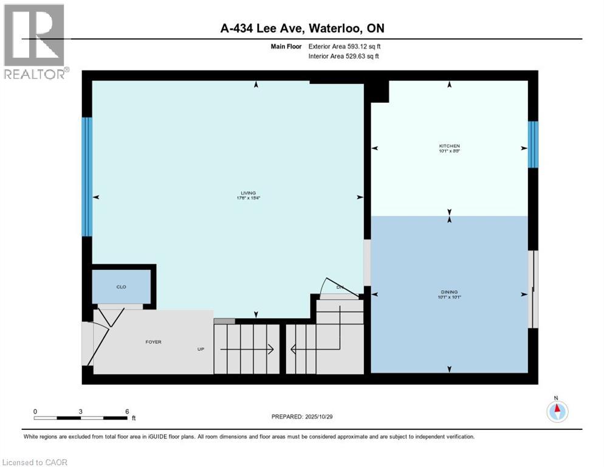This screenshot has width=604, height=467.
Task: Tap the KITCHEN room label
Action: click(449, 146)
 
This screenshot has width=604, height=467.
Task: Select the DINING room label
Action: click(449, 292)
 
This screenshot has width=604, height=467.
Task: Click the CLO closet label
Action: click(121, 286)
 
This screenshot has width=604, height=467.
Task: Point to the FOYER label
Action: click(153, 342)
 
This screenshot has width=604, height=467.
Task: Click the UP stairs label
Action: click(201, 349)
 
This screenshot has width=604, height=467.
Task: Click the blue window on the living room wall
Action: click(87, 176)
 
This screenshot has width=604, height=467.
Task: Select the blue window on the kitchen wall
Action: click(533, 144)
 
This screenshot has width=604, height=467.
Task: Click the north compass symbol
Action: click(557, 411)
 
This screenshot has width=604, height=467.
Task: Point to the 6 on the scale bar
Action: click(126, 411)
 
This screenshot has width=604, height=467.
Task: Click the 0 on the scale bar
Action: click(35, 411)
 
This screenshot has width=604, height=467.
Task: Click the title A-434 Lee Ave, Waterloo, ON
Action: click(301, 28)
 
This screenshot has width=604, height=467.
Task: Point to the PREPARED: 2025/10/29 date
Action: click(301, 417)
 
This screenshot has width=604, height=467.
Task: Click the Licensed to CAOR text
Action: click(35, 462)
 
